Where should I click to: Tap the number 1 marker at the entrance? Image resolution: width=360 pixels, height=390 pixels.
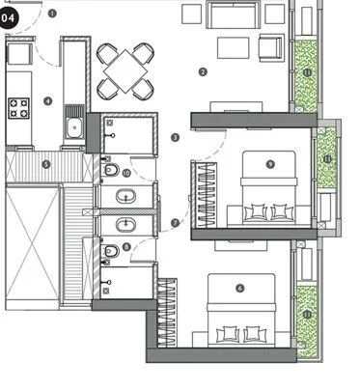pyautogui.click(x=51, y=14)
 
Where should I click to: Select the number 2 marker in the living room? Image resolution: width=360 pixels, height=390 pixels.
pyautogui.click(x=203, y=71)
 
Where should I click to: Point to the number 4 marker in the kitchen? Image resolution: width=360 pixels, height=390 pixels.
pyautogui.click(x=47, y=100)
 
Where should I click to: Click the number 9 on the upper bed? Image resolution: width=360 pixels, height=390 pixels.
pyautogui.click(x=270, y=163)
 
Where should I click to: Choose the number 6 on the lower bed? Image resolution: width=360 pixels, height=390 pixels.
pyautogui.click(x=239, y=288)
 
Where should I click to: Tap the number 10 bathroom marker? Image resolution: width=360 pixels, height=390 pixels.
pyautogui.click(x=125, y=173)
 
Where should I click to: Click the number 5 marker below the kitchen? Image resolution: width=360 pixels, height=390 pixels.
pyautogui.click(x=45, y=164)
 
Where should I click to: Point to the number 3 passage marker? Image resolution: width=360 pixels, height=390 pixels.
pyautogui.click(x=175, y=137)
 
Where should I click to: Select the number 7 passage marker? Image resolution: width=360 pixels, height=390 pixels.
pyautogui.click(x=175, y=223)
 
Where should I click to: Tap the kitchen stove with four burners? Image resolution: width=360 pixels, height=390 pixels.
pyautogui.click(x=20, y=108)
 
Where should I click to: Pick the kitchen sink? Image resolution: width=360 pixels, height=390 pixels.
pyautogui.click(x=73, y=125)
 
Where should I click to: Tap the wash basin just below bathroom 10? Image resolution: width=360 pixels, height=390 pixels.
pyautogui.click(x=126, y=198)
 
